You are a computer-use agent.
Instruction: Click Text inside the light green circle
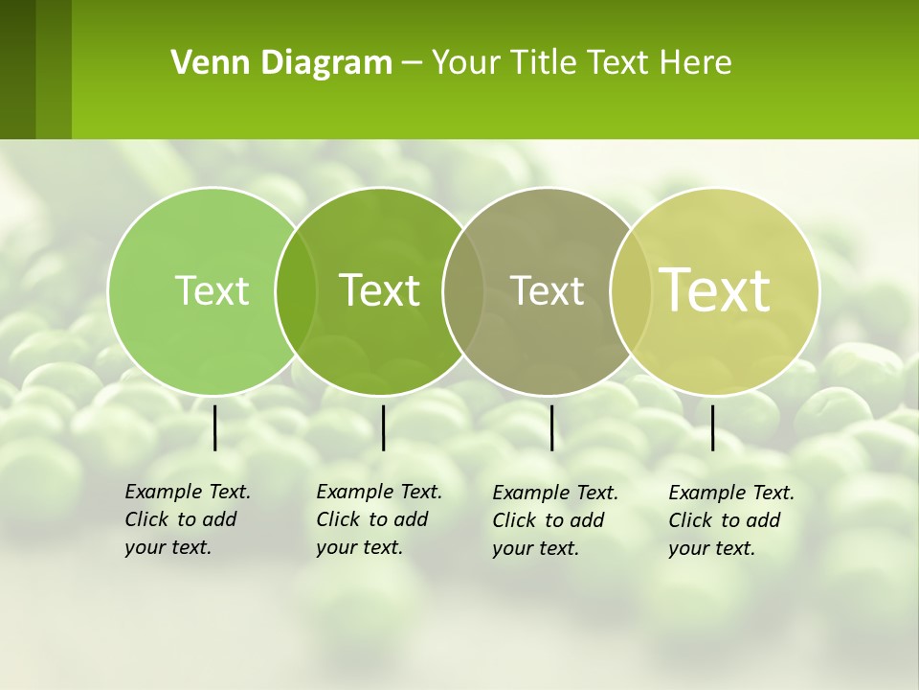[x=212, y=290]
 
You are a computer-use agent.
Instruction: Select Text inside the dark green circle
[x=379, y=290]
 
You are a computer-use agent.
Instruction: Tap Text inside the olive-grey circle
[x=547, y=290]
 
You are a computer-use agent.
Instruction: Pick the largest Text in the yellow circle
[x=714, y=290]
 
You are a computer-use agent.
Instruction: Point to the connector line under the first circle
[x=215, y=427]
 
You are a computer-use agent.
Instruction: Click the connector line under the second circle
[x=383, y=427]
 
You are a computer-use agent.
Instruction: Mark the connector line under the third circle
[x=552, y=427]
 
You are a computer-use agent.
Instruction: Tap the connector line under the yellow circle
[x=712, y=427]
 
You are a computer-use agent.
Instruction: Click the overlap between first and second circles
[x=296, y=290]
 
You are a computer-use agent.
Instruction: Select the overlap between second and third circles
[x=463, y=290]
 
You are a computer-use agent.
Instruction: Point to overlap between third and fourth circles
[x=631, y=290]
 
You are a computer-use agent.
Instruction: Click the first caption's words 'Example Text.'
[x=188, y=492]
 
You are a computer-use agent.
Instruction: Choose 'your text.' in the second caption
[x=359, y=547]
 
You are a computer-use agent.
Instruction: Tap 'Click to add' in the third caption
[x=549, y=520]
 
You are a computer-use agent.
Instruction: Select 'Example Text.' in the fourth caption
[x=731, y=493]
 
